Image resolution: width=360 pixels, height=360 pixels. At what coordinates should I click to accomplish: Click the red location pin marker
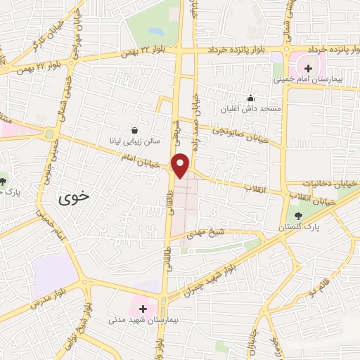click(x=181, y=165)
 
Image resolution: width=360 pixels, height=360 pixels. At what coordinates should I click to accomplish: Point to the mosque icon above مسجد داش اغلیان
click(x=249, y=99)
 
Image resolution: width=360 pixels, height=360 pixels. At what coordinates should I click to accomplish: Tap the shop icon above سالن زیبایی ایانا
click(x=134, y=130)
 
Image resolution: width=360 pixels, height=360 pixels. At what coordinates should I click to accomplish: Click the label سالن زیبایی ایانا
click(x=134, y=141)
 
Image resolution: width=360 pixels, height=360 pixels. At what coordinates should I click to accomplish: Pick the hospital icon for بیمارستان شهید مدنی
click(x=143, y=309)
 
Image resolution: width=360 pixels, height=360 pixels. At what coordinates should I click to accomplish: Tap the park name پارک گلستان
click(x=298, y=228)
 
